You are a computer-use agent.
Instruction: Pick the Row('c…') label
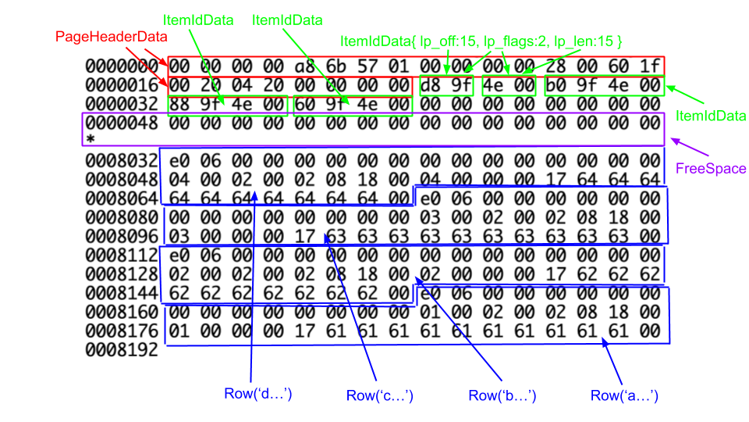[x=379, y=395]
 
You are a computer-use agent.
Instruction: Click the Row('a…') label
[x=624, y=395]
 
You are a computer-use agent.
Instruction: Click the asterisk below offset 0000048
[x=91, y=140]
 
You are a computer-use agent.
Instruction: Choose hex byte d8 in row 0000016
[x=431, y=85]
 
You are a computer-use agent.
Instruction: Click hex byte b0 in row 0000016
[x=556, y=85]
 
